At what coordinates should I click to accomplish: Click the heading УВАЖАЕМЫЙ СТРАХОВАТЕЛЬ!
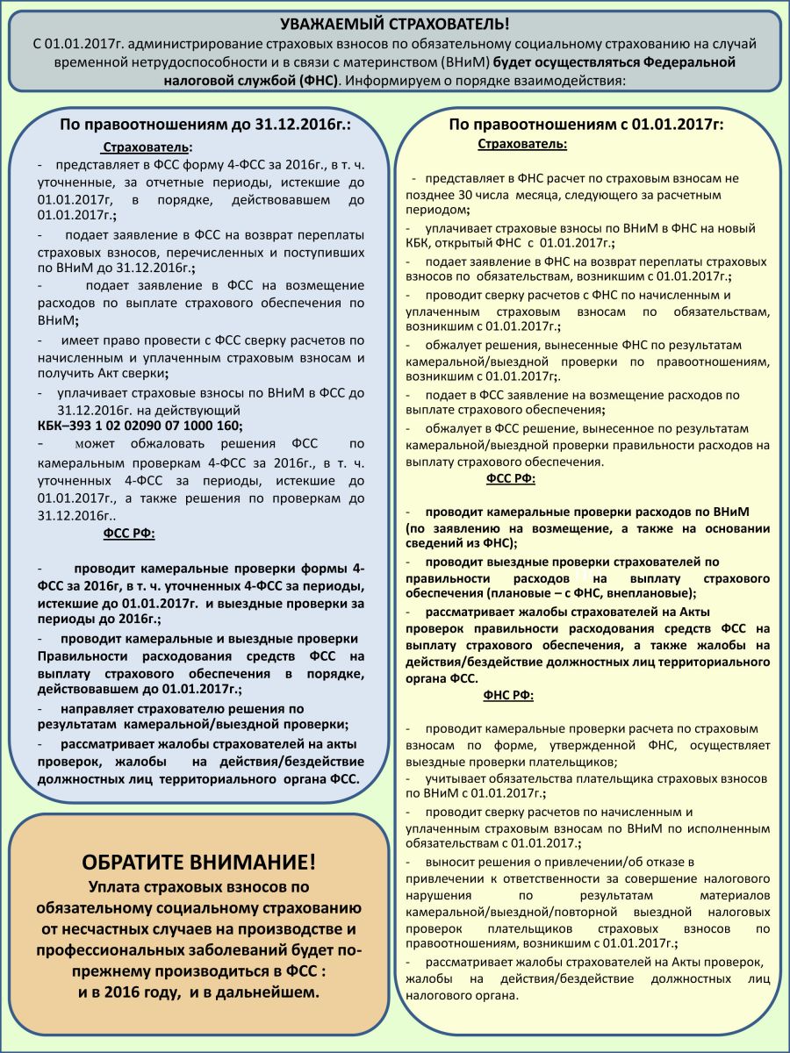click(x=394, y=24)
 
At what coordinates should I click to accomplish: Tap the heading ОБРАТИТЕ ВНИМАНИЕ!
click(x=199, y=861)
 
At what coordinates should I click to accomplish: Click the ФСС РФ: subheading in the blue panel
click(x=129, y=533)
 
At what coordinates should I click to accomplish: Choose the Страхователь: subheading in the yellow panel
click(x=522, y=144)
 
